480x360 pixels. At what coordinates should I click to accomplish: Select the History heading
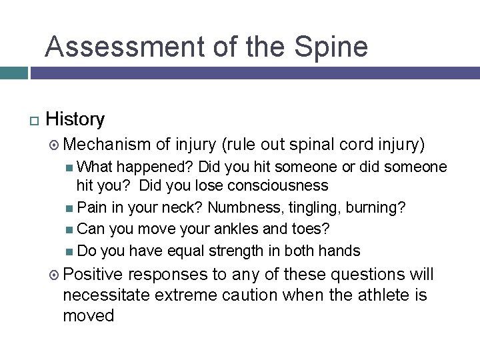[x=75, y=119]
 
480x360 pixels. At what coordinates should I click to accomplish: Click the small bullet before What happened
[x=71, y=167]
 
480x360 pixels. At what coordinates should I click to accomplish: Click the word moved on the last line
[x=88, y=315]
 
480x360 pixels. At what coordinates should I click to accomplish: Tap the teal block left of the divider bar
[x=13, y=73]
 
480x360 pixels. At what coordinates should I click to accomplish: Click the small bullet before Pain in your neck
[x=71, y=208]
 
